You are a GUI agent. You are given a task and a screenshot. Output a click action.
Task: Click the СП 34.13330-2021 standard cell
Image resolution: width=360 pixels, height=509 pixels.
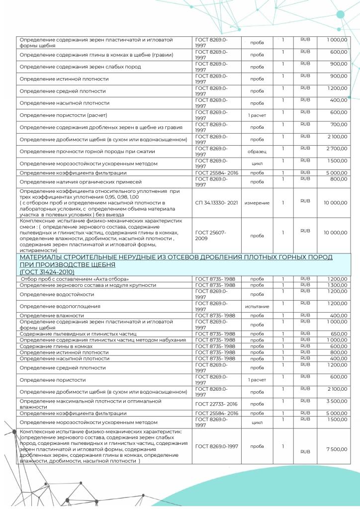coord(216,202)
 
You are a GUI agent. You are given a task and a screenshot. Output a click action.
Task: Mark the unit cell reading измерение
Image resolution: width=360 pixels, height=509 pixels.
coord(257,202)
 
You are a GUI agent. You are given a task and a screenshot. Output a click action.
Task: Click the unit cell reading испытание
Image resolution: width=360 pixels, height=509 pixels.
coord(257,306)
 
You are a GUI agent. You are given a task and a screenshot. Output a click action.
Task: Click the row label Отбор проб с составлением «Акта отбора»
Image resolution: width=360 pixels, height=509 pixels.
coord(75,279)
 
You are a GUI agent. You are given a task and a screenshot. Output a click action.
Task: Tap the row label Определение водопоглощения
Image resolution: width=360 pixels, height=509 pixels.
coord(60,306)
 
